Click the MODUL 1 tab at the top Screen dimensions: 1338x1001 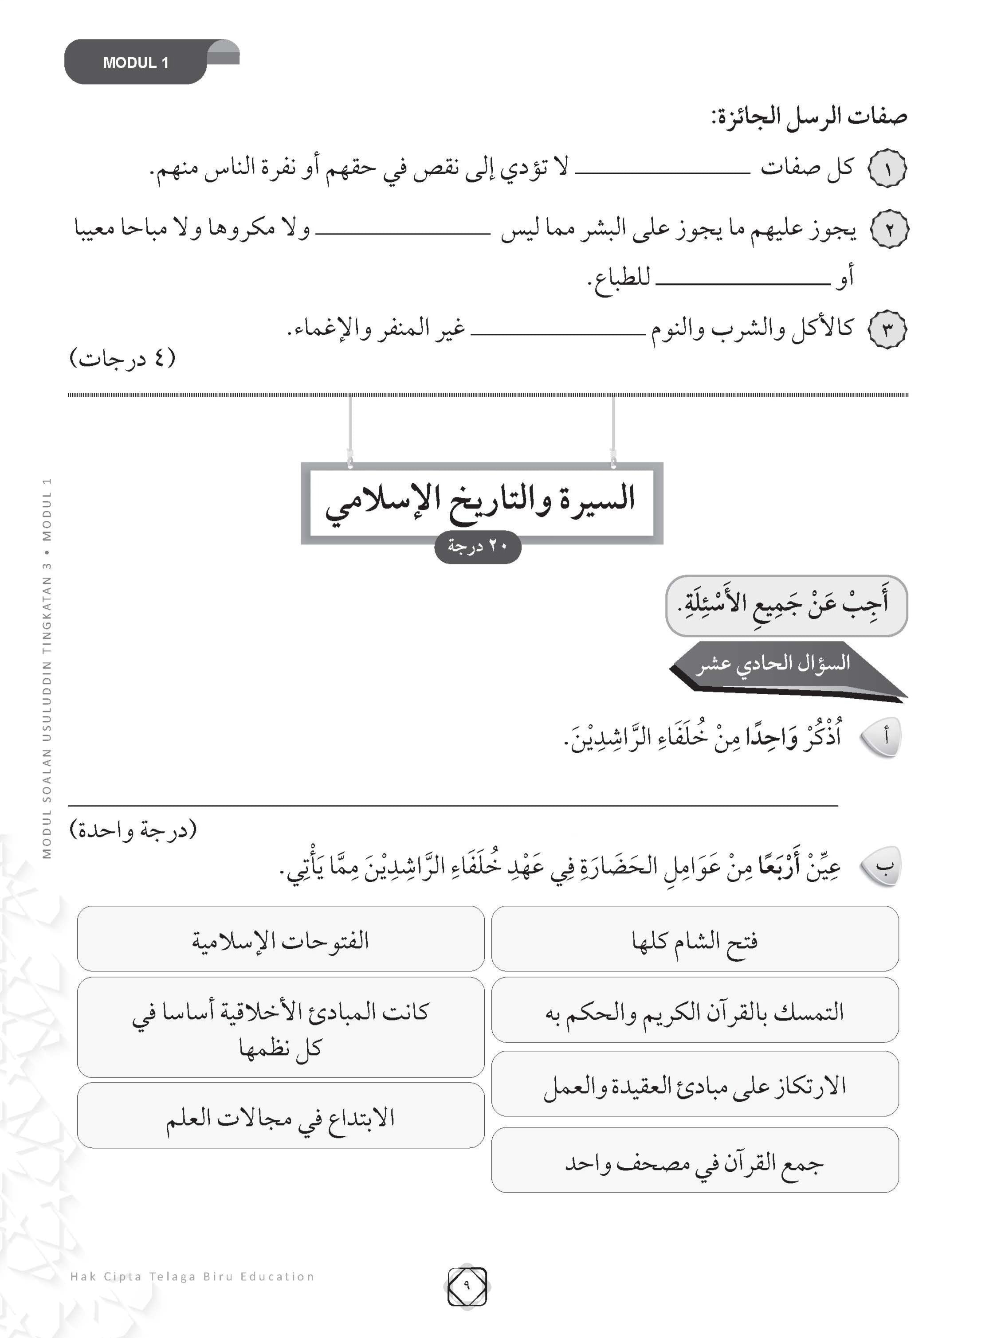point(136,63)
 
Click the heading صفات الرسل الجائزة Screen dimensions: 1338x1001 point(809,116)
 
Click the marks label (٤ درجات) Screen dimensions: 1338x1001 point(123,358)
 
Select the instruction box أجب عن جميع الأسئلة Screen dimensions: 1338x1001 point(785,605)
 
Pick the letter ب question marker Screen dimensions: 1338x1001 point(881,866)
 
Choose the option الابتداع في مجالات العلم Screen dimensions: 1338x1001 point(280,1117)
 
